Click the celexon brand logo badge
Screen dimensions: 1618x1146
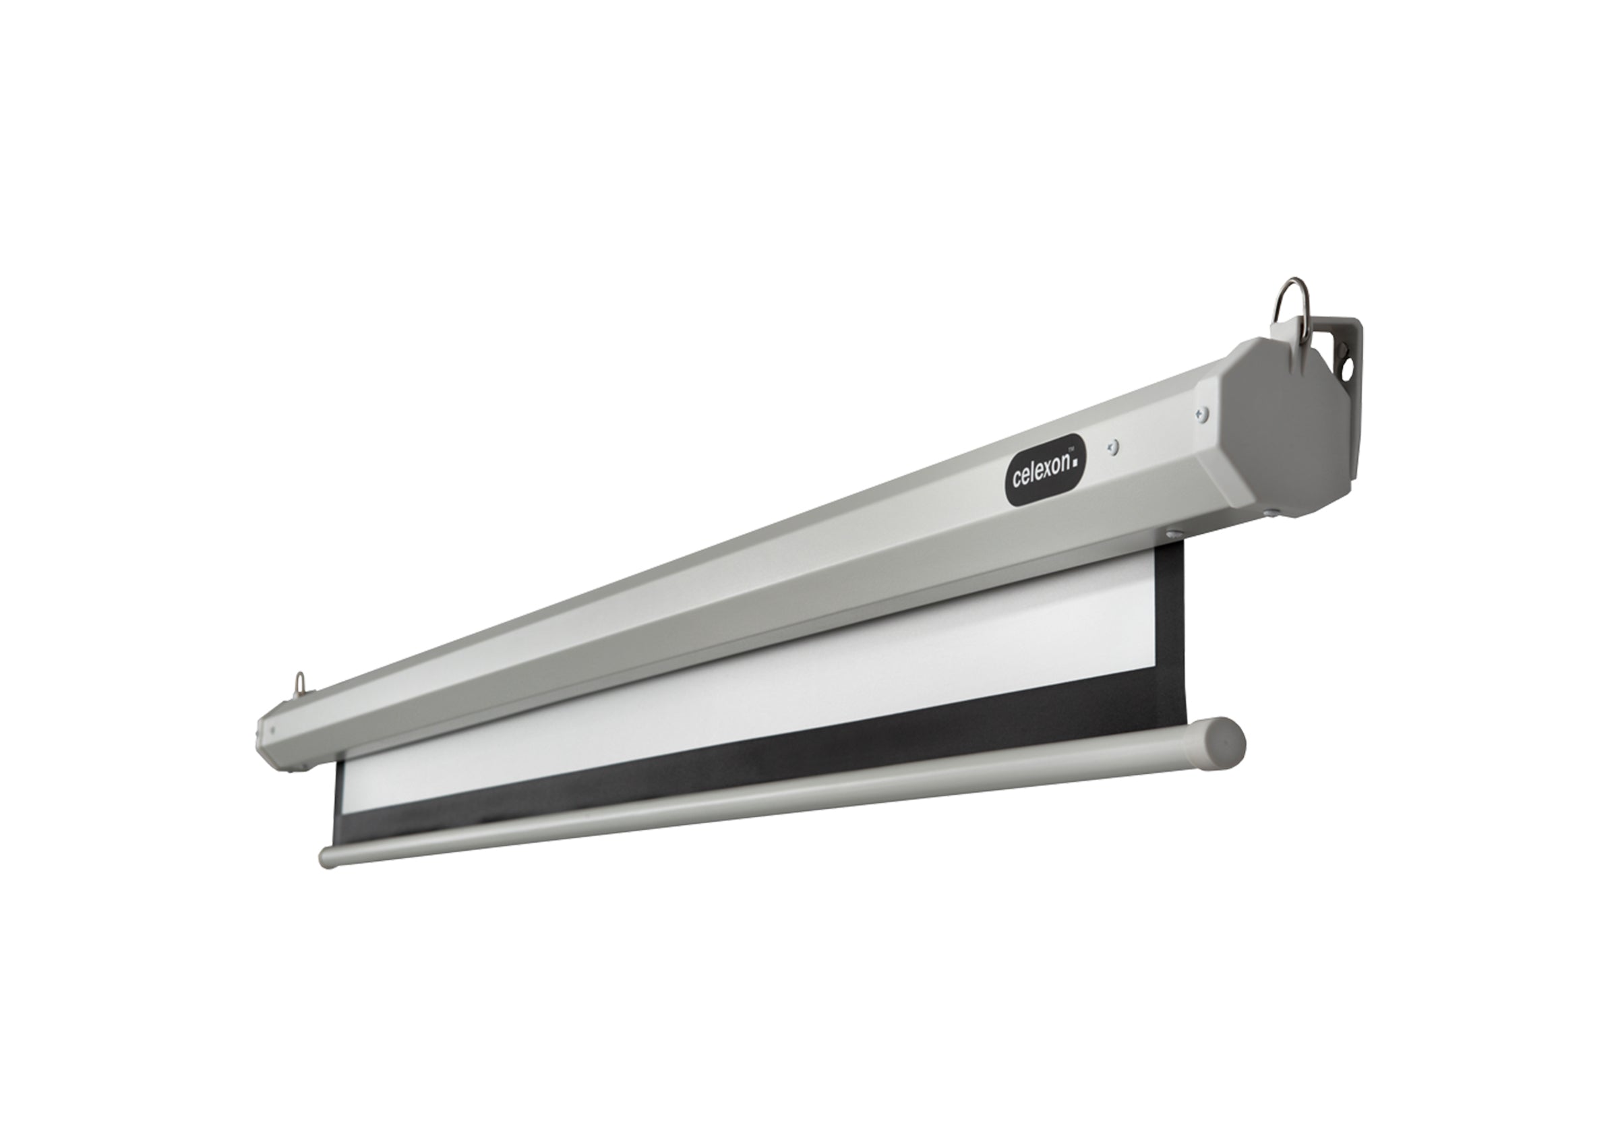pos(1045,470)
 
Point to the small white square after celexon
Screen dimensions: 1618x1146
pos(1075,464)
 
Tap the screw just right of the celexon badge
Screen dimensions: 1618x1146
pos(1113,447)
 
